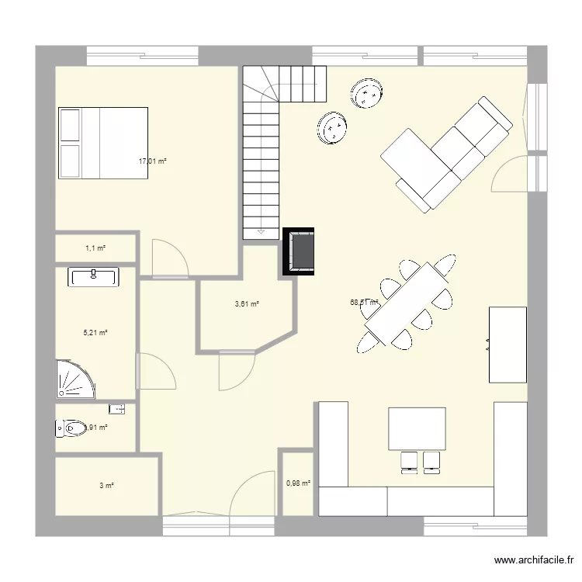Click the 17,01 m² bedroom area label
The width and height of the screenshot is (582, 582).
pyautogui.click(x=153, y=161)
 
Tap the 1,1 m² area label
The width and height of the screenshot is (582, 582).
pyautogui.click(x=95, y=248)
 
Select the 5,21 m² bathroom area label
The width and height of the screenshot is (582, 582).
pyautogui.click(x=95, y=332)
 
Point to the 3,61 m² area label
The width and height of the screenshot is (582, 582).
pyautogui.click(x=247, y=304)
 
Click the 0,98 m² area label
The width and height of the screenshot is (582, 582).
pyautogui.click(x=298, y=483)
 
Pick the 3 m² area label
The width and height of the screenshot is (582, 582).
pyautogui.click(x=106, y=486)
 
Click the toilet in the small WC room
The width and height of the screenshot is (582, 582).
pyautogui.click(x=72, y=427)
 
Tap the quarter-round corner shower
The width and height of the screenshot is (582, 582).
pyautogui.click(x=74, y=379)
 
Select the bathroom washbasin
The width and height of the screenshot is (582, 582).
pyautogui.click(x=93, y=276)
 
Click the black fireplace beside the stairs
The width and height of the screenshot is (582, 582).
pyautogui.click(x=300, y=251)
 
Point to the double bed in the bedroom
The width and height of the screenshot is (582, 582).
pyautogui.click(x=102, y=144)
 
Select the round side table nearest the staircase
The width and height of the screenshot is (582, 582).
pyautogui.click(x=332, y=128)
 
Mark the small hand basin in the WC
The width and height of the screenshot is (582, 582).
pyautogui.click(x=118, y=407)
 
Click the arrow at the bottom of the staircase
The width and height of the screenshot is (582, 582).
pyautogui.click(x=261, y=231)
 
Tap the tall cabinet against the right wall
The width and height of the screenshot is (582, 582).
pyautogui.click(x=508, y=344)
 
